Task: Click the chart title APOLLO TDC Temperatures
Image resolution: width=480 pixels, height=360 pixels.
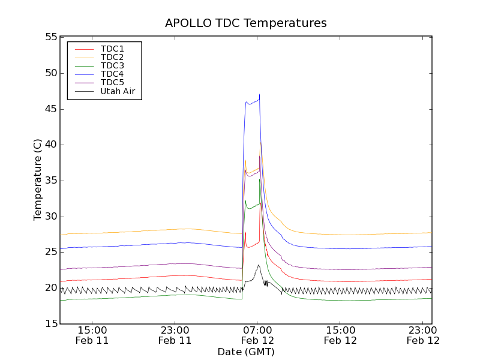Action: point(246,23)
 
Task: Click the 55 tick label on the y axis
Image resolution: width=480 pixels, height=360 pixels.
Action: point(50,37)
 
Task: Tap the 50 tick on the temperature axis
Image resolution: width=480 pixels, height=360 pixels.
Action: point(50,73)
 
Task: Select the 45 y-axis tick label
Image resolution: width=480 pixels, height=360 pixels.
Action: point(50,109)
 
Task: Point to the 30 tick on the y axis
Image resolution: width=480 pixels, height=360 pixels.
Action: point(50,217)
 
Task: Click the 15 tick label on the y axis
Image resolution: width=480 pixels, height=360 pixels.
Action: point(50,324)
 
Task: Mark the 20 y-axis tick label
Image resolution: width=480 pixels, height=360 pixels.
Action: point(50,288)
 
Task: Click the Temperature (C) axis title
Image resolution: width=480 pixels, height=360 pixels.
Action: point(38,180)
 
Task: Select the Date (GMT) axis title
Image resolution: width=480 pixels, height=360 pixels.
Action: point(246,352)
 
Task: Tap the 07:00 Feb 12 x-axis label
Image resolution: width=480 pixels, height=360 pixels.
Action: point(257,335)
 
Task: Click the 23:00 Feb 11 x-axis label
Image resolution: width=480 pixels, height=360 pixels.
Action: point(175,335)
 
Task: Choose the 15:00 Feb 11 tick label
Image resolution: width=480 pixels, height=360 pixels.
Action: point(92,335)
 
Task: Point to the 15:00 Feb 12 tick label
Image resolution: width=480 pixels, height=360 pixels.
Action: point(340,335)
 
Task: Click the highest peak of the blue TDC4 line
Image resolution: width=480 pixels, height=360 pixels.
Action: point(259,94)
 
